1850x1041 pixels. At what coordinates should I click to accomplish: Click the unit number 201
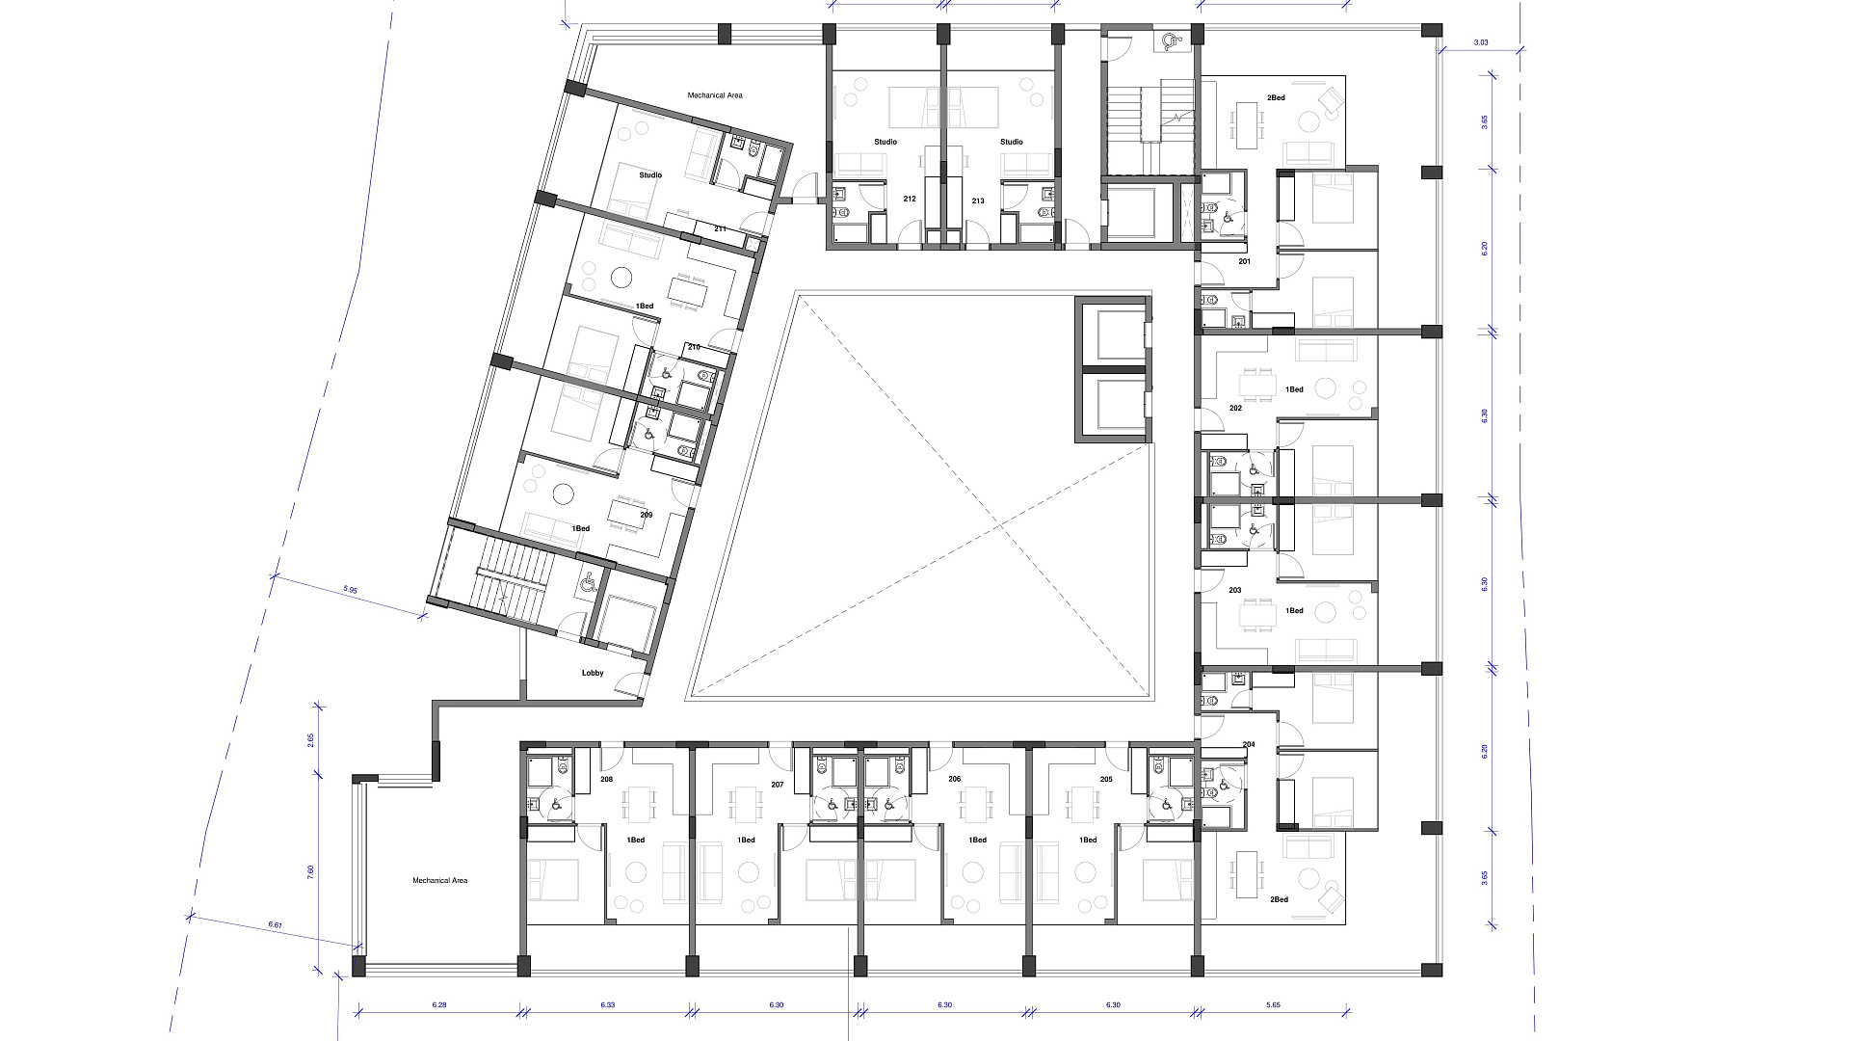(x=1244, y=261)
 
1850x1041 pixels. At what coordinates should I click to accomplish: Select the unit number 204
(x=1249, y=744)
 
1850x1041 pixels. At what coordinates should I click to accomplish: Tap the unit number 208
(x=606, y=779)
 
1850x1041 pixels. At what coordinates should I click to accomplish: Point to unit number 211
(x=720, y=228)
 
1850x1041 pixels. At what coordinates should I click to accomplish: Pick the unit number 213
(x=978, y=200)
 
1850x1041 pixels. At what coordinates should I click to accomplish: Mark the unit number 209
(x=647, y=515)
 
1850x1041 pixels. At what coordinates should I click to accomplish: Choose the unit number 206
(x=954, y=779)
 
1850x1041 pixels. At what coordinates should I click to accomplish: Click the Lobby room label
(x=593, y=673)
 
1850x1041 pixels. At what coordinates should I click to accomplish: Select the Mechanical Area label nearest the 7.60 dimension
(x=439, y=880)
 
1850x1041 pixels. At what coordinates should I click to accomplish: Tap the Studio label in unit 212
(x=885, y=142)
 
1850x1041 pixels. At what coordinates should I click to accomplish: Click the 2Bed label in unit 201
(x=1276, y=97)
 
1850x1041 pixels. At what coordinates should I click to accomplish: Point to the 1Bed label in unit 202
(x=1294, y=389)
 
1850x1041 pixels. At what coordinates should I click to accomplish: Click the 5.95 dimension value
(x=350, y=589)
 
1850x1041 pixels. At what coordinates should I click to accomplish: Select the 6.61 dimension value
(x=275, y=925)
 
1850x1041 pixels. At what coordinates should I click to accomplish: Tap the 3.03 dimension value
(x=1481, y=42)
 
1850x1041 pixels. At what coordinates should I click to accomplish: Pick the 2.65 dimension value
(x=310, y=740)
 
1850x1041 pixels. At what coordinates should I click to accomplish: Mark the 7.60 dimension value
(x=310, y=871)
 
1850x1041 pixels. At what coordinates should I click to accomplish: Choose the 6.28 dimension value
(x=439, y=1004)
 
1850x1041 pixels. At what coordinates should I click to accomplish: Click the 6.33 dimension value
(x=607, y=1004)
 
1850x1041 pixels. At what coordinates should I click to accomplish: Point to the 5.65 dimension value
(x=1273, y=1004)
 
